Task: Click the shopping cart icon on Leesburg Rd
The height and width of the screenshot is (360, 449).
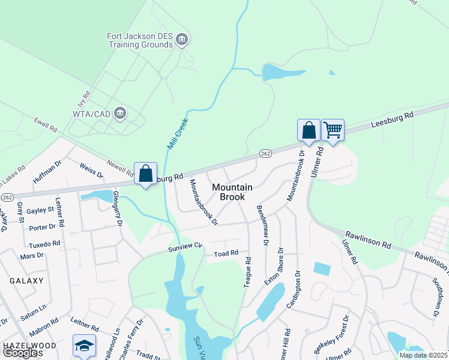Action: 333,129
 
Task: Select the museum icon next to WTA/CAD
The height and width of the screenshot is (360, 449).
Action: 120,113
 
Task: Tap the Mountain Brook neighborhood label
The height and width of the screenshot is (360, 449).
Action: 232,192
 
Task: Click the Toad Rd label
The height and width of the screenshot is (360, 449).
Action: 226,254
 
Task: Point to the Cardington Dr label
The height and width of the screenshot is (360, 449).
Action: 293,290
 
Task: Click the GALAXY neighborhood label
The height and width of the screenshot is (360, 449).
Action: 26,281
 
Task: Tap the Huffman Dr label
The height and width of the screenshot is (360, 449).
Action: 47,171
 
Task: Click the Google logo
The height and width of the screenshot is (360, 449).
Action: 20,353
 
